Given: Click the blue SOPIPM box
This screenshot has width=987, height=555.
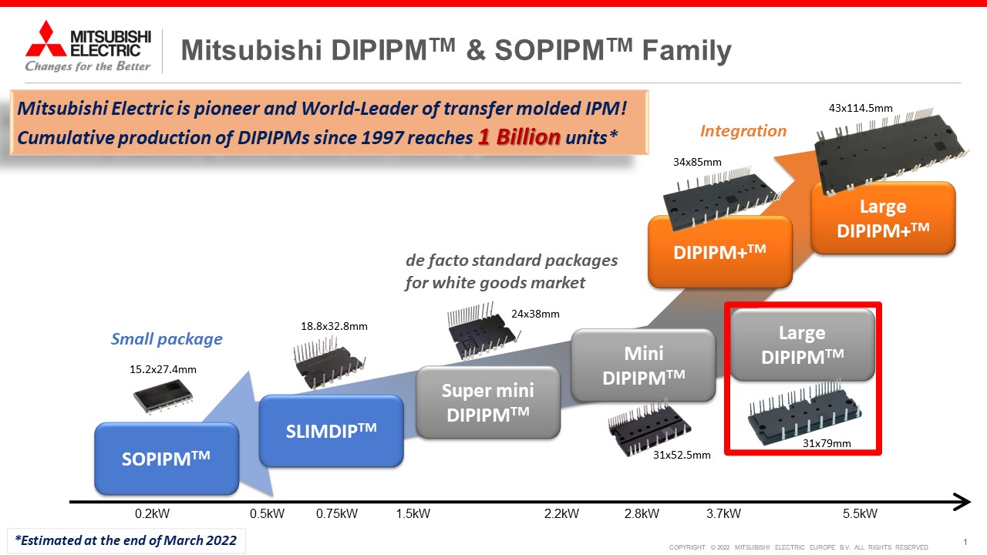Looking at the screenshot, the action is pyautogui.click(x=167, y=459).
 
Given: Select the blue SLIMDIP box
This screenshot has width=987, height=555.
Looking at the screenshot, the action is pyautogui.click(x=331, y=430).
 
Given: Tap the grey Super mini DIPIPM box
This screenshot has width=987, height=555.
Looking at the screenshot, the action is pyautogui.click(x=488, y=402).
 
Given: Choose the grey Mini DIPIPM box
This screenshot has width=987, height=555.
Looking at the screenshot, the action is pyautogui.click(x=643, y=365).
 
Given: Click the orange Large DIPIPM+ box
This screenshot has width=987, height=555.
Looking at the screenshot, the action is pyautogui.click(x=883, y=218).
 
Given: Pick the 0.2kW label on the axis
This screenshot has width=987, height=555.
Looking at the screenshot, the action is pyautogui.click(x=152, y=513).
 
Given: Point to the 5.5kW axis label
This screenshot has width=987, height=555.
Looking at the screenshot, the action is pyautogui.click(x=860, y=513).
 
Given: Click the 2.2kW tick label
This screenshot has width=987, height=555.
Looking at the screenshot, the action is pyautogui.click(x=561, y=513).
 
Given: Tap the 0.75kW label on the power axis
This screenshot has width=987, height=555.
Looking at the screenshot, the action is pyautogui.click(x=337, y=513).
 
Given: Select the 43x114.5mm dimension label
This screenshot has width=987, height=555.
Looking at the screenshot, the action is pyautogui.click(x=861, y=109).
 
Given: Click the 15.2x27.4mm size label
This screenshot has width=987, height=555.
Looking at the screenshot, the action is pyautogui.click(x=163, y=369).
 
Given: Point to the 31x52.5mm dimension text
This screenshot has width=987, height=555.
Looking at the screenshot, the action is pyautogui.click(x=682, y=455).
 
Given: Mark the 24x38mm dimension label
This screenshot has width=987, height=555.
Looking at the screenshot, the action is pyautogui.click(x=535, y=314).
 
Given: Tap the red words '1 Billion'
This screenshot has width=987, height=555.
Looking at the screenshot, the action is pyautogui.click(x=519, y=137).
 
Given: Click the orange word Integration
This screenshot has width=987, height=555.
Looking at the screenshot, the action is pyautogui.click(x=743, y=131).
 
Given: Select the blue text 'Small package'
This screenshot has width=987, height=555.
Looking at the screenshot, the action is pyautogui.click(x=167, y=339).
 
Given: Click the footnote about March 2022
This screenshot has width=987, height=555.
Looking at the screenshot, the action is pyautogui.click(x=126, y=540).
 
